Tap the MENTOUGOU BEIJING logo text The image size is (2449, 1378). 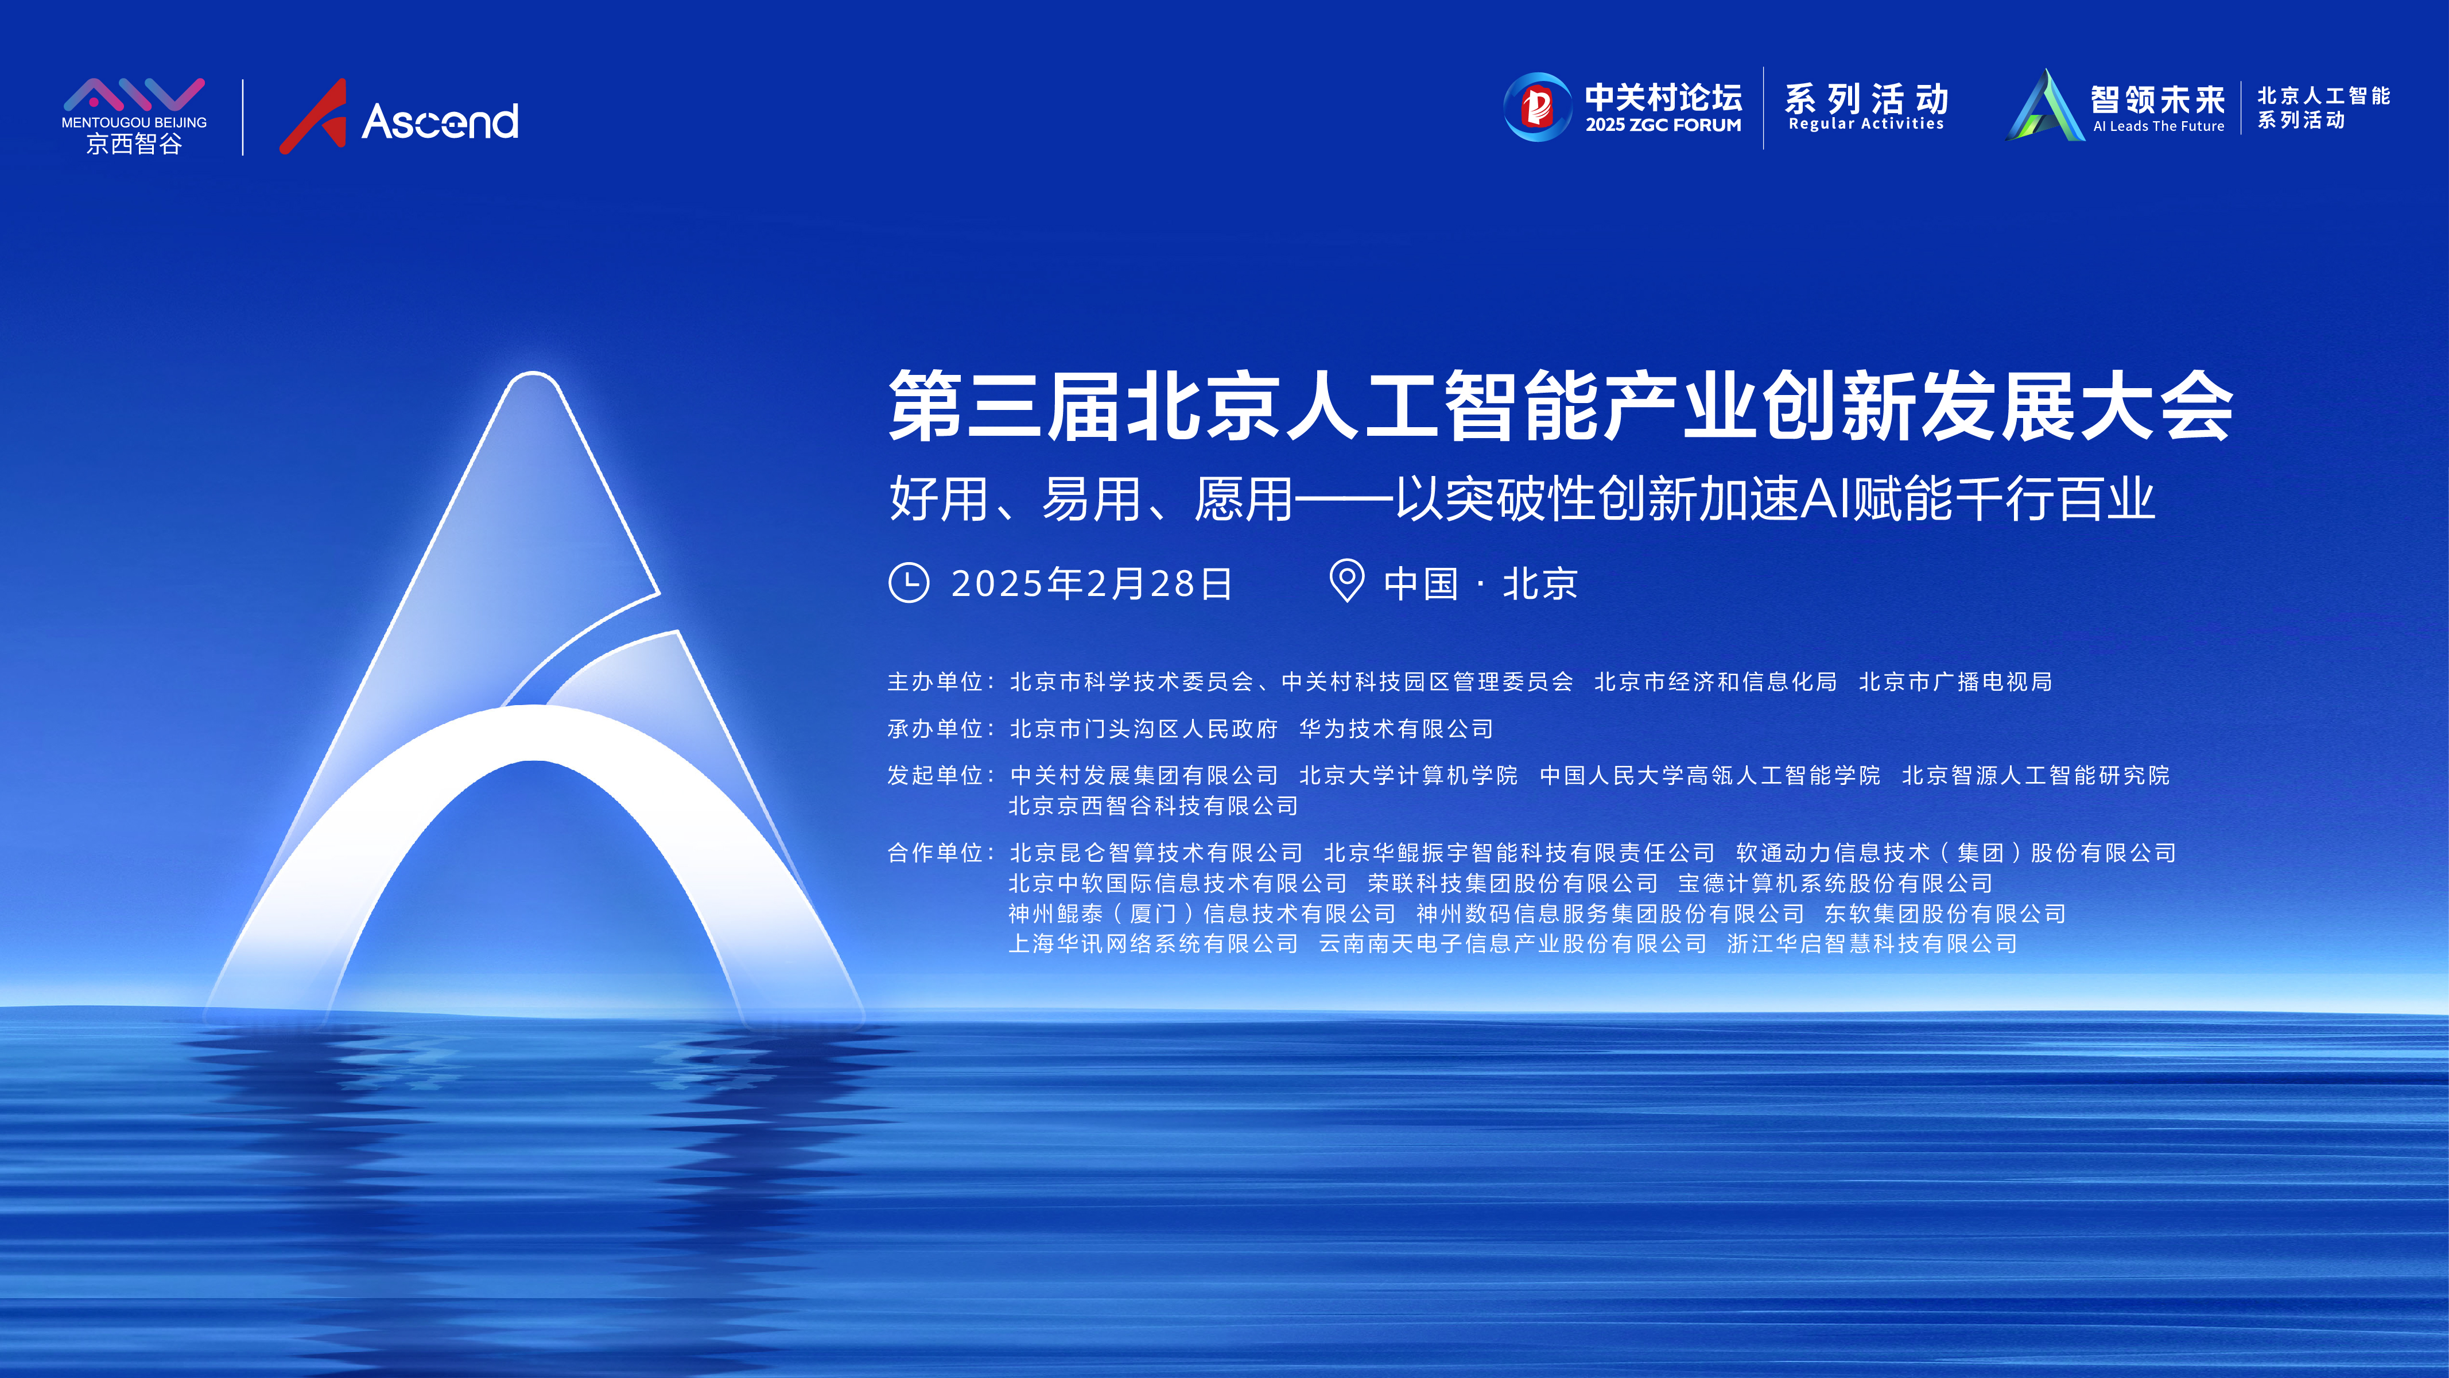tap(134, 123)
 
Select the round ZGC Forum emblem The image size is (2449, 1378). tap(1537, 107)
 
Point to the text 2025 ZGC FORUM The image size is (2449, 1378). tap(1663, 125)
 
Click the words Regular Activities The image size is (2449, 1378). tap(1866, 123)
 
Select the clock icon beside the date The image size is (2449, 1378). tap(909, 582)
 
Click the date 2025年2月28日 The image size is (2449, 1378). tap(1092, 583)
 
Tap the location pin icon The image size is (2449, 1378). tap(1346, 580)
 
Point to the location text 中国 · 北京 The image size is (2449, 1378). tap(1480, 583)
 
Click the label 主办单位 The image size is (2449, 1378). tap(934, 682)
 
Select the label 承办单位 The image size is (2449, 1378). tap(934, 729)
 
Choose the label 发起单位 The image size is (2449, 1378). tap(934, 775)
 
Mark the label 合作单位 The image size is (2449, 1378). tap(934, 852)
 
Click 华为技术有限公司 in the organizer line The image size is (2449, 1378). tap(1396, 729)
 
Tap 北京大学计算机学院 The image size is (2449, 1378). tap(1408, 775)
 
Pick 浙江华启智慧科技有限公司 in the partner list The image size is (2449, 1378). tap(1872, 943)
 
